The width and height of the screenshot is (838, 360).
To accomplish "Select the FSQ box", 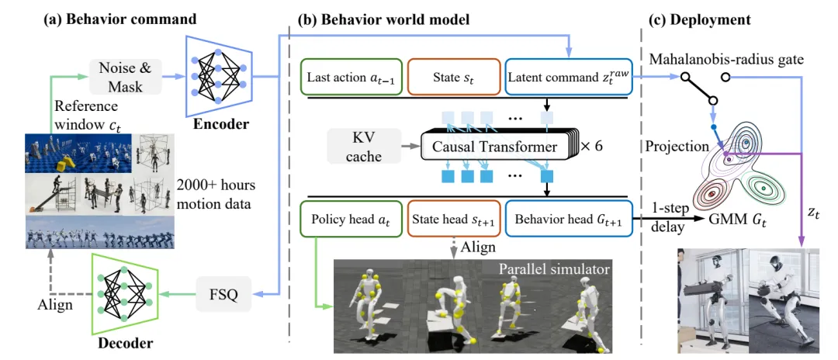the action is pyautogui.click(x=223, y=294).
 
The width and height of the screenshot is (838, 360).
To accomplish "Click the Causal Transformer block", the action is pyautogui.click(x=495, y=145).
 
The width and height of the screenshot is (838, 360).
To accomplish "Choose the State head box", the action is pyautogui.click(x=454, y=219).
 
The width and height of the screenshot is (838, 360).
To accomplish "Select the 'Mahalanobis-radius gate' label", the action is pyautogui.click(x=726, y=59).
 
